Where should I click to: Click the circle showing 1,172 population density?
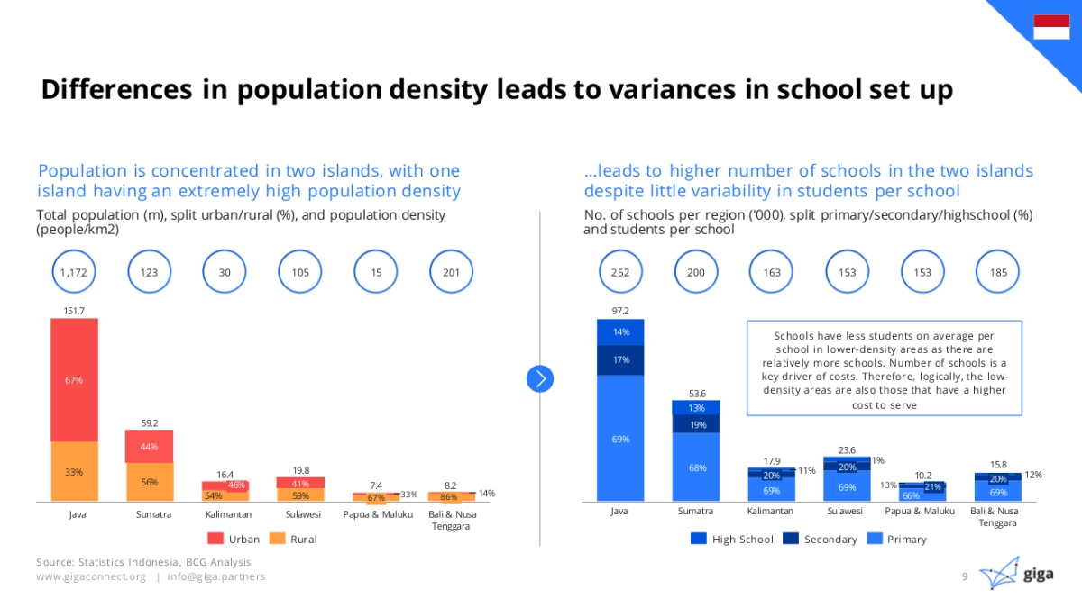[x=74, y=271]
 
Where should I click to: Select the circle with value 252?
[x=620, y=271]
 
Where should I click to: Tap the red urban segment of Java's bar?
[x=74, y=379]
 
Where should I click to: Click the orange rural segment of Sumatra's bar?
[x=149, y=482]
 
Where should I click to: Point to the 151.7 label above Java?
[x=74, y=311]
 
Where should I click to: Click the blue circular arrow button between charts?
[x=540, y=378]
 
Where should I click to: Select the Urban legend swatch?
[x=216, y=539]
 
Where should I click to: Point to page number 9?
[x=965, y=576]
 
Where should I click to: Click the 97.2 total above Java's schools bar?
[x=620, y=311]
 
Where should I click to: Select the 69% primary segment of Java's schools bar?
[x=620, y=439]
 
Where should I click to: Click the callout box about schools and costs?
[x=885, y=368]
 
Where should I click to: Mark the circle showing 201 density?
[x=451, y=271]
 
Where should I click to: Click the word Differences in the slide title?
[x=115, y=90]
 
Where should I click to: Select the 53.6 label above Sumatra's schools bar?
[x=696, y=393]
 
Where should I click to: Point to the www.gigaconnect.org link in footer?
[x=90, y=576]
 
